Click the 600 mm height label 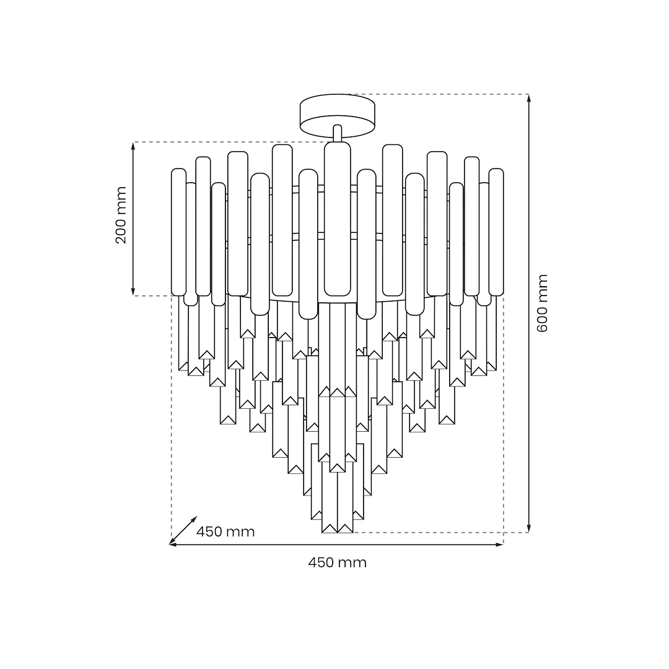[542, 304]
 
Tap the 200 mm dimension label [121, 215]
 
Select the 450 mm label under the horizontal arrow [337, 562]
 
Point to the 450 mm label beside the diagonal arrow [225, 531]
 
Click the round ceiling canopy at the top [337, 116]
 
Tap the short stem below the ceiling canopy [337, 133]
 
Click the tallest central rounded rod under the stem [337, 219]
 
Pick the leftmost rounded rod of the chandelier [178, 232]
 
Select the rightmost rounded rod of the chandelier [496, 232]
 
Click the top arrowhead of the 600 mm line [528, 98]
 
